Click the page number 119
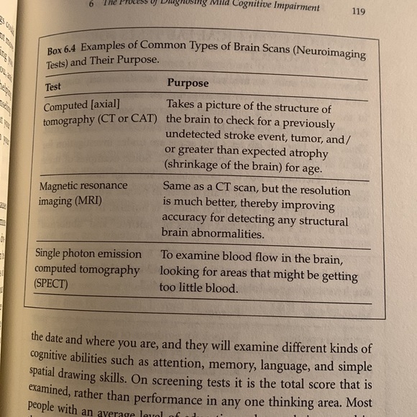click(x=361, y=11)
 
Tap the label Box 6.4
click(x=63, y=51)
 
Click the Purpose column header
click(x=188, y=83)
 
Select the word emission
click(x=124, y=255)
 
